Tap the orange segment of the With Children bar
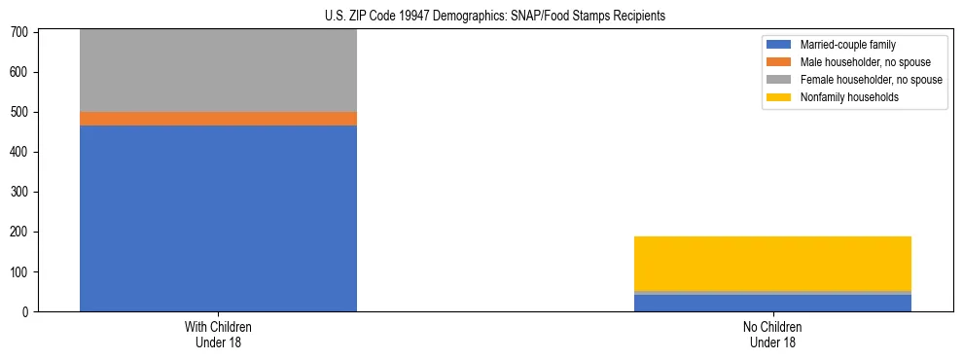[218, 119]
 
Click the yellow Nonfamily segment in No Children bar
[772, 263]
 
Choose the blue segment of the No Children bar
[772, 303]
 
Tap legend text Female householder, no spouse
[871, 80]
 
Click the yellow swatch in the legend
[779, 97]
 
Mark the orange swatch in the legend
[779, 62]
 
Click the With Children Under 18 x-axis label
[218, 334]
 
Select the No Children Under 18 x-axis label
[772, 334]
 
